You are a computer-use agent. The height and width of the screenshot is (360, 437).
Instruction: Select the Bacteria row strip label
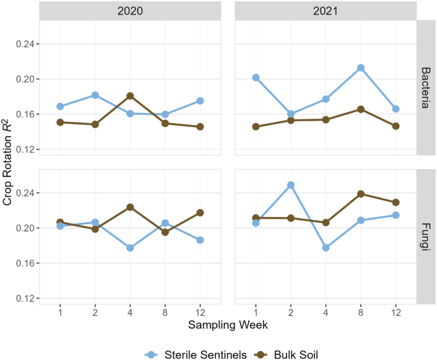pyautogui.click(x=427, y=87)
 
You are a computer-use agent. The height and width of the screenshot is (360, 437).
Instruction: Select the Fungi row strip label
pyautogui.click(x=427, y=236)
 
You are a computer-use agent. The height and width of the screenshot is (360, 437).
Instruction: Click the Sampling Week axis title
pyautogui.click(x=228, y=325)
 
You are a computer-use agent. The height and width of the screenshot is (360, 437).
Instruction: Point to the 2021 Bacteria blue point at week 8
pyautogui.click(x=360, y=68)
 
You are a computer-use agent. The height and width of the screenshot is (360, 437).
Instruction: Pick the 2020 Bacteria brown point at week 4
pyautogui.click(x=130, y=96)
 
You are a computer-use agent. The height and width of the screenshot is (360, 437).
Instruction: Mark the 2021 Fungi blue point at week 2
pyautogui.click(x=291, y=185)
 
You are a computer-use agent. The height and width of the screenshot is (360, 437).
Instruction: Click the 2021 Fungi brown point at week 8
pyautogui.click(x=360, y=194)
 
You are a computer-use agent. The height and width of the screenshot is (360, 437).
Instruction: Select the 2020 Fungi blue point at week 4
pyautogui.click(x=130, y=248)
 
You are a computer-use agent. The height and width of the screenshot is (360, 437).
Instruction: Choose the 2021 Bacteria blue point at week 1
pyautogui.click(x=256, y=77)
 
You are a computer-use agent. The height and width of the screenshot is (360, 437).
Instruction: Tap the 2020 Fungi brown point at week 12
pyautogui.click(x=200, y=213)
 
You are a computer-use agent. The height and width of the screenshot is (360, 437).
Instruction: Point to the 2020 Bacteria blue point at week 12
pyautogui.click(x=200, y=101)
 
